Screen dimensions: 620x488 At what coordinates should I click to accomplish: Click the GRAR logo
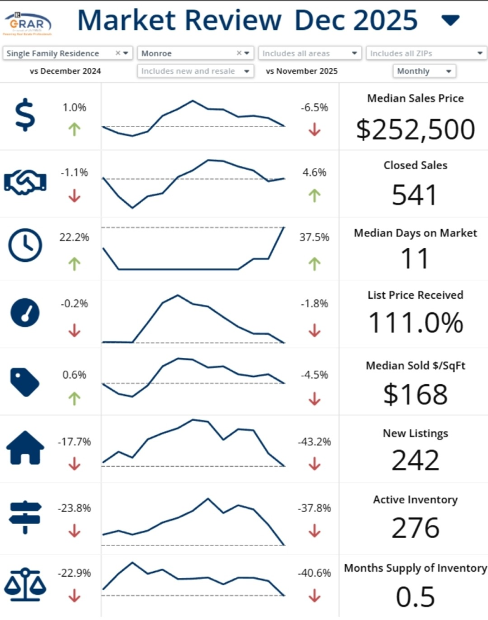tap(27, 23)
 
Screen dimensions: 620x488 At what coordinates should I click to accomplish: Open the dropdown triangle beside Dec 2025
tap(450, 21)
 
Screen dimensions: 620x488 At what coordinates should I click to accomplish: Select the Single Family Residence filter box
tap(67, 54)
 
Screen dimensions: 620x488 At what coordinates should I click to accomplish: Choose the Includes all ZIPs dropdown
tap(425, 54)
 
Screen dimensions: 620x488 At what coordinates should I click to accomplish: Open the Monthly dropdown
tap(425, 71)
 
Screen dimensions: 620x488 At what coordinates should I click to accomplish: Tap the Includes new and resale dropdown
tap(195, 71)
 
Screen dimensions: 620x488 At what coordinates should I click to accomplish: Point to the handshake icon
tap(25, 181)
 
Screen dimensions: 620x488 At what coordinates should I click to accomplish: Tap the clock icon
tap(25, 246)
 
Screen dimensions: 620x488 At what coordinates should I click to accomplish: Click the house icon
tap(25, 449)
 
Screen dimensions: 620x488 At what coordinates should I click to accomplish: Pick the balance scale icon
tap(25, 583)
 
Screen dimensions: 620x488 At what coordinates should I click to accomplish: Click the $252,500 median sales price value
tap(415, 129)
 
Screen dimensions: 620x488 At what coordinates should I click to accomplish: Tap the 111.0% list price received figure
tap(415, 323)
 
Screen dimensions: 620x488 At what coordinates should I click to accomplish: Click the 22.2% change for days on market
tap(74, 238)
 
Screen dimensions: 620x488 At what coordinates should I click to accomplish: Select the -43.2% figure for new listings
tap(314, 442)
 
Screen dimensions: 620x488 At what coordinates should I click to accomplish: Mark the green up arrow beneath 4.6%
tap(314, 195)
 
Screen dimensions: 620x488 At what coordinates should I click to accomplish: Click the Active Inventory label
tap(415, 500)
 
